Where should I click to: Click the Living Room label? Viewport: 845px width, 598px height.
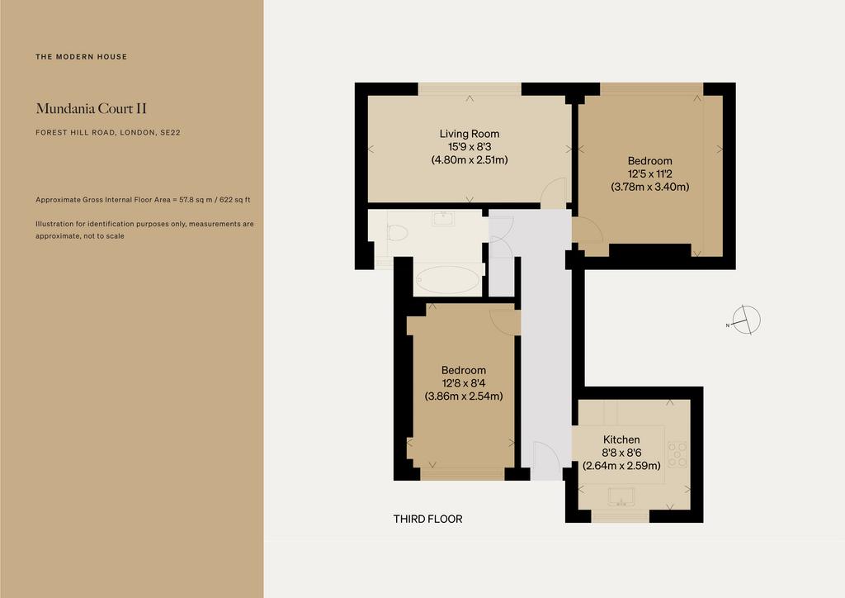point(470,134)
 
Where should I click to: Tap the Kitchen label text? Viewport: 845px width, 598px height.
point(621,439)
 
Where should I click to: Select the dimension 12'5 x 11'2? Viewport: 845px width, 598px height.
point(650,173)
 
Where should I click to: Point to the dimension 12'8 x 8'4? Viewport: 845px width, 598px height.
point(464,383)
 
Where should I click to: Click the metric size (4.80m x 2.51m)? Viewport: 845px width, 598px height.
point(470,159)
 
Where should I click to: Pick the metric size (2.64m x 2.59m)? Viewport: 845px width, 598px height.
point(621,465)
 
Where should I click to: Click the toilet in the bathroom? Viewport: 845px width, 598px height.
point(398,233)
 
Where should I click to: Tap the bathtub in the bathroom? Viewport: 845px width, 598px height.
point(448,279)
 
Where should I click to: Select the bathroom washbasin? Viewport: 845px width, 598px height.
point(443,218)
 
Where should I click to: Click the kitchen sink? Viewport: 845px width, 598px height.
point(621,496)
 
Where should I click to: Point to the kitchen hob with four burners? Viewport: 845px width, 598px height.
point(677,454)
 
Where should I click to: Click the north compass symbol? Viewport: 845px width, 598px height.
point(745,320)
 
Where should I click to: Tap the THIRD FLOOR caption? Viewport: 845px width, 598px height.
point(428,519)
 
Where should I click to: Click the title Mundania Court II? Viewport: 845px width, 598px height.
point(91,108)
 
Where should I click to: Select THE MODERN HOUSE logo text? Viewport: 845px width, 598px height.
point(82,57)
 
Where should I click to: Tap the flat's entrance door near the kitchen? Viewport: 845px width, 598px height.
point(546,460)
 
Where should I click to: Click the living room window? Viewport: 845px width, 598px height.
point(470,89)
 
